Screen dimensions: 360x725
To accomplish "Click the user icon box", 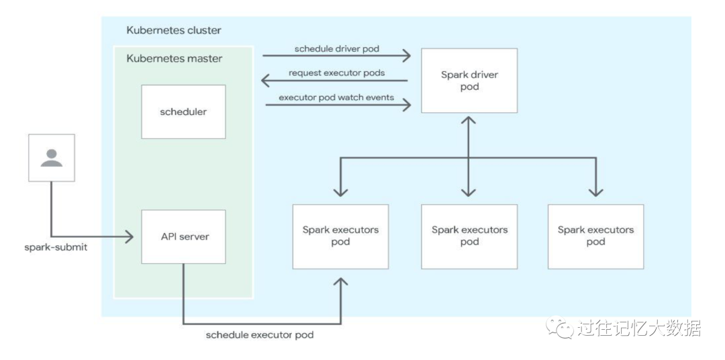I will click(x=51, y=158).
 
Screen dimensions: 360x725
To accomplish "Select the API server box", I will click(x=183, y=236).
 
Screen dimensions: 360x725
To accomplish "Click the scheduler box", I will click(x=183, y=111).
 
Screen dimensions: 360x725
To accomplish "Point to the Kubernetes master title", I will click(x=174, y=58).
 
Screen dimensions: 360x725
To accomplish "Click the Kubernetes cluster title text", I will click(x=173, y=30).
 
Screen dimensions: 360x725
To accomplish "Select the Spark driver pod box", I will click(x=469, y=81).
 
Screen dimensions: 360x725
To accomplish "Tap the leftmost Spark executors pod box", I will click(x=340, y=236).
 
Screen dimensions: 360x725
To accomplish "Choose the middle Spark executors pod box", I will click(x=469, y=236).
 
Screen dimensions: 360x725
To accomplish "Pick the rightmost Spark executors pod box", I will click(x=595, y=236).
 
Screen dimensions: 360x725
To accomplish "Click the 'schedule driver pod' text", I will click(x=336, y=48).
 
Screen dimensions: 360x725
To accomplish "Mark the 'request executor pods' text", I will click(x=336, y=73).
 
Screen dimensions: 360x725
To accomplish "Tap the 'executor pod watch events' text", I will click(x=336, y=97).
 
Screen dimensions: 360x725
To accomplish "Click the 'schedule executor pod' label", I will click(x=259, y=334).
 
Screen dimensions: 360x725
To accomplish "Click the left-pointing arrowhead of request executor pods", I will click(x=266, y=81).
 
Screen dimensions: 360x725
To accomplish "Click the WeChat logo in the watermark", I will click(x=559, y=328).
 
